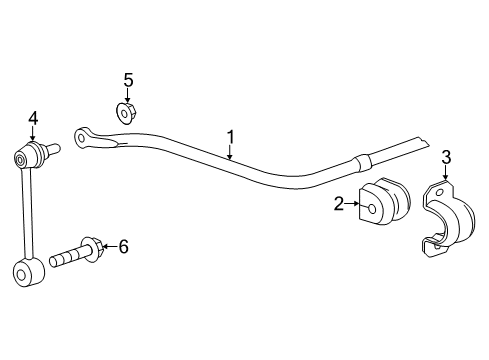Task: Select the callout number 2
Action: click(x=340, y=205)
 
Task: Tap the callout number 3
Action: click(x=446, y=156)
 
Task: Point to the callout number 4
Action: click(x=32, y=118)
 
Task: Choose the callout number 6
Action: click(x=123, y=245)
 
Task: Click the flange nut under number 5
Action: click(x=126, y=113)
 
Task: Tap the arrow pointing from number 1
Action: click(x=230, y=152)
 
